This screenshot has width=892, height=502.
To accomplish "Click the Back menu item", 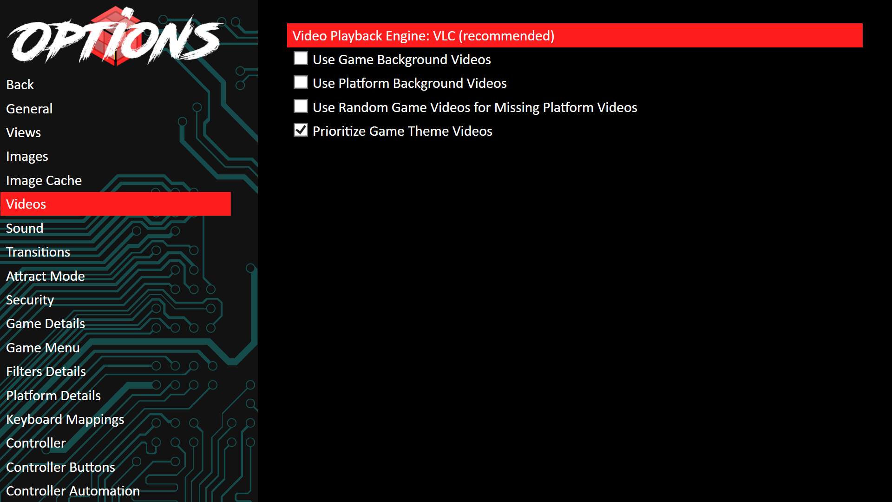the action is (x=20, y=85).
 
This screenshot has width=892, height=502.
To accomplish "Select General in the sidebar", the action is (x=29, y=109).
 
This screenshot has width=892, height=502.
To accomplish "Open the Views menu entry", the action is (x=24, y=132).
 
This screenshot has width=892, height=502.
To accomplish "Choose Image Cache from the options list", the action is (x=44, y=180).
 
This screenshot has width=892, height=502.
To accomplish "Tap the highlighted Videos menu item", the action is (x=116, y=204).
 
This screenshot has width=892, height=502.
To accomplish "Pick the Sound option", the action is (x=25, y=228).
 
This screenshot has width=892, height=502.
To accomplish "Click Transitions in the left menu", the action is (x=38, y=252).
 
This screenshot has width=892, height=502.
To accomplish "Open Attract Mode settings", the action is (x=46, y=276).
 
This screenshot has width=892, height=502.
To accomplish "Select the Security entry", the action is (x=30, y=300).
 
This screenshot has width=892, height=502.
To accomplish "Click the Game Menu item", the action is (x=43, y=348).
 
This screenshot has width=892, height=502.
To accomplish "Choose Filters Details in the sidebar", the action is (x=46, y=371).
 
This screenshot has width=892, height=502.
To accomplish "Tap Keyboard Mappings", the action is (x=65, y=419).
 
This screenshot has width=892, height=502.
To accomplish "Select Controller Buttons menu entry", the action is (x=61, y=467).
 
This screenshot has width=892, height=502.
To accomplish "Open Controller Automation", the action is (x=73, y=491).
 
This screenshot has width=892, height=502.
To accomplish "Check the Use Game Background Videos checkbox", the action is (x=301, y=59).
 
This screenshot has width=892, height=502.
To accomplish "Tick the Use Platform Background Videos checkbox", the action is (x=301, y=82).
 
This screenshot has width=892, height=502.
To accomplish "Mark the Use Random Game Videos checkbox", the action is (x=301, y=106).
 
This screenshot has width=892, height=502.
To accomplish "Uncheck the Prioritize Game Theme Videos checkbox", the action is (x=301, y=130).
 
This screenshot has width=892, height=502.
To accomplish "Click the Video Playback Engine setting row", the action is (x=575, y=35).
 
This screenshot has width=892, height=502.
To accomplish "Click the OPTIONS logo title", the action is (x=115, y=37).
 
